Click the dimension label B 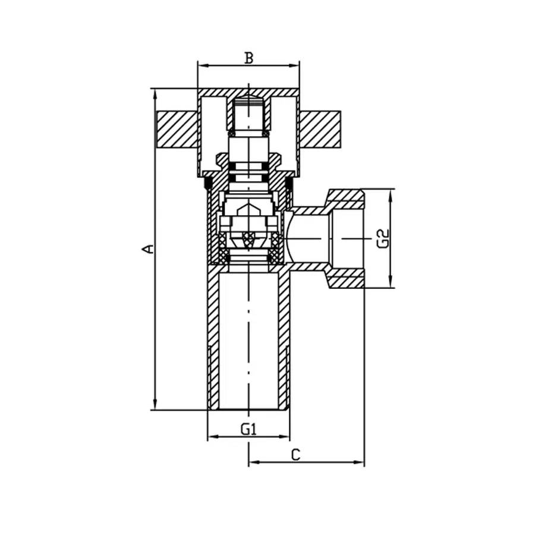pyautogui.click(x=248, y=58)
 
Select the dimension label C pyautogui.click(x=296, y=455)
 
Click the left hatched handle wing pyautogui.click(x=176, y=128)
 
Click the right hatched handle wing pyautogui.click(x=320, y=128)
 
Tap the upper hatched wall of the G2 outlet pyautogui.click(x=345, y=196)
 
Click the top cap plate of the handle pyautogui.click(x=248, y=93)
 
